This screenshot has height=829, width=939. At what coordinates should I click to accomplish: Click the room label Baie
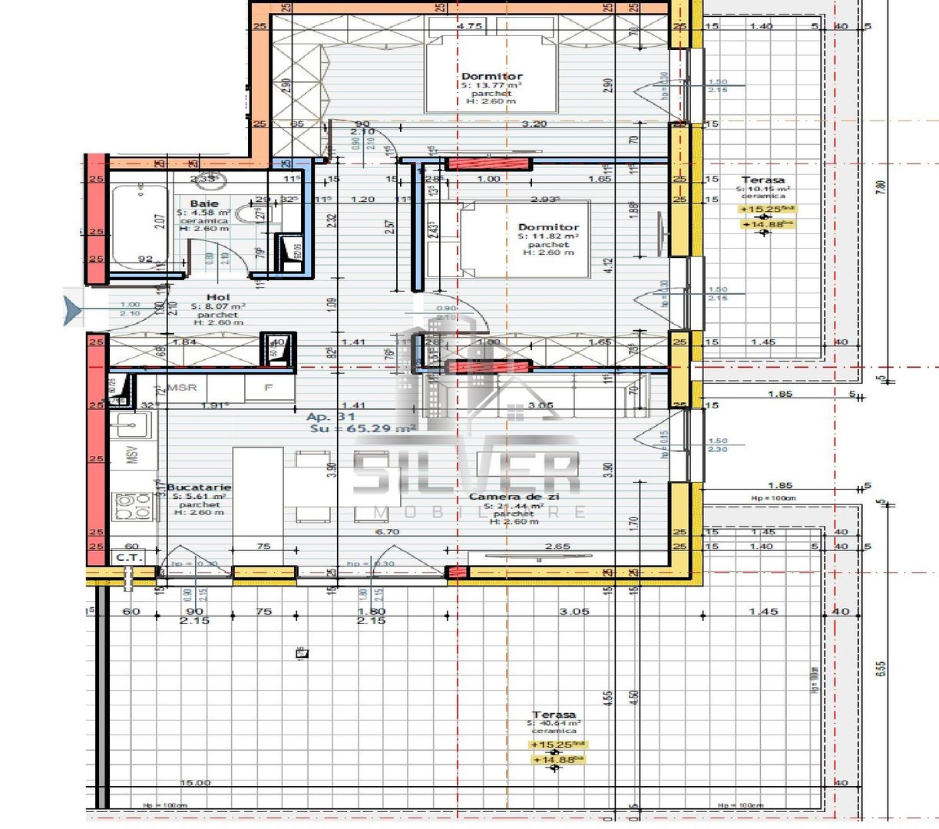coord(204,204)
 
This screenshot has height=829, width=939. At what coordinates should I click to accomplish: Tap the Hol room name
coord(218,297)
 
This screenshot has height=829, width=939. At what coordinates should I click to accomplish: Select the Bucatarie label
coord(199,487)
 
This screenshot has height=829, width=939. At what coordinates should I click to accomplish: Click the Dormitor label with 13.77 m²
coord(491,76)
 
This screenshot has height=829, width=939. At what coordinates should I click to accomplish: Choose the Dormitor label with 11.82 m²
coord(548,227)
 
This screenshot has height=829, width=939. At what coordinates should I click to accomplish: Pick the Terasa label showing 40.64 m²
coord(554,715)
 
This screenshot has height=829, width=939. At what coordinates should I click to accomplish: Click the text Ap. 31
coord(331,417)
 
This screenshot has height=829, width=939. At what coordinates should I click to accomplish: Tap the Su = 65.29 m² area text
coord(363,429)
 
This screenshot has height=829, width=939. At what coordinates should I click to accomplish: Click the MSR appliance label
coord(182,388)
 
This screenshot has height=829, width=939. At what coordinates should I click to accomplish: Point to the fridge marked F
coord(269,388)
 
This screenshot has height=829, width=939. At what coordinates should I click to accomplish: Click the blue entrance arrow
coord(73,311)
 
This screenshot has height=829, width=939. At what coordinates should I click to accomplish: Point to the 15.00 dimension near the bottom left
coord(195,783)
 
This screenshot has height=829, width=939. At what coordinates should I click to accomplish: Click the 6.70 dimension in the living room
coord(387,532)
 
